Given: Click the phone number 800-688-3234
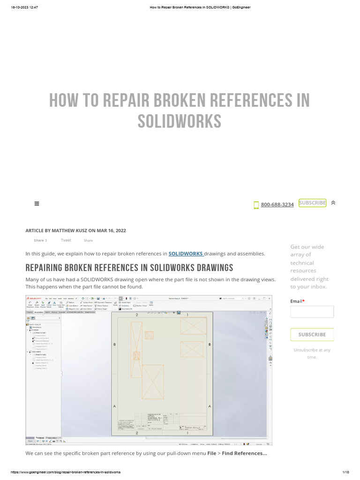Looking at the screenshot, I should tap(277, 204).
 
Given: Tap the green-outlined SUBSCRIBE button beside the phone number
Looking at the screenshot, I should tap(312, 203).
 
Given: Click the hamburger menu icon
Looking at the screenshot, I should tap(37, 203).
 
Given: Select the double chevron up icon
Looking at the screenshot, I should tap(333, 203).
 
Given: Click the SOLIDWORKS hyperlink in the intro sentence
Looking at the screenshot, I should tap(186, 254).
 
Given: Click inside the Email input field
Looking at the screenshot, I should tap(312, 312).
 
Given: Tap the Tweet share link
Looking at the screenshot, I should tap(66, 240).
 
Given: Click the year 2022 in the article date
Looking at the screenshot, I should tap(120, 231).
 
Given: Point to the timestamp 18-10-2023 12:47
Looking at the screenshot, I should tap(24, 7).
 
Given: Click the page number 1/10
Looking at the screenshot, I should tap(346, 472).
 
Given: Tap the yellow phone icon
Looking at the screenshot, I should tap(256, 205).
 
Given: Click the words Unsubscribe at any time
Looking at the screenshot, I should tap(312, 353).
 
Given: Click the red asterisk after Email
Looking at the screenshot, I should tap(304, 301).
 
